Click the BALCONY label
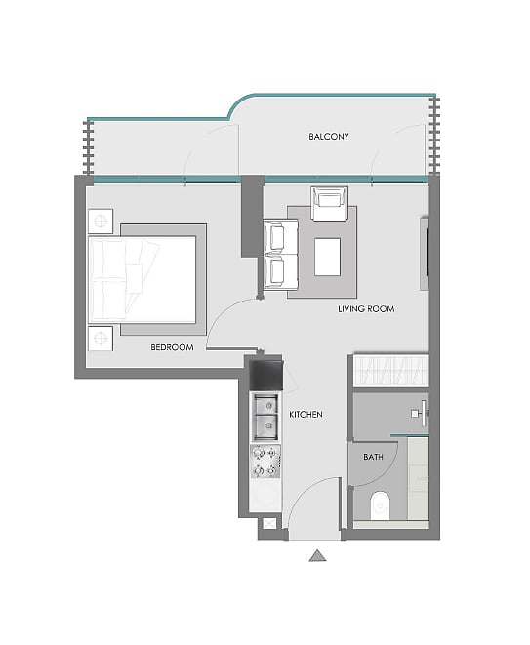click(329, 137)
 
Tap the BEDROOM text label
click(172, 347)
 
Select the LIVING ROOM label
click(366, 309)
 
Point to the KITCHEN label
click(306, 415)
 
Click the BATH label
click(373, 457)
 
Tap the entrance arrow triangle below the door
click(317, 556)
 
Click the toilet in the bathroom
click(380, 505)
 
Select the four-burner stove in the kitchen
click(265, 462)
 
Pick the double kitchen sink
click(265, 417)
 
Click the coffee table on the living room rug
click(328, 257)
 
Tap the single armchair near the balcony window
click(330, 204)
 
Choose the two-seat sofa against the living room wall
click(280, 255)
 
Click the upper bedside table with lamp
click(101, 222)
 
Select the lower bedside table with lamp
click(101, 339)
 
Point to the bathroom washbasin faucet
click(421, 414)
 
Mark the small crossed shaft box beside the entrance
click(268, 524)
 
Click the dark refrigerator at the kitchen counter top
click(265, 375)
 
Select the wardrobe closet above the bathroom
click(391, 371)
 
